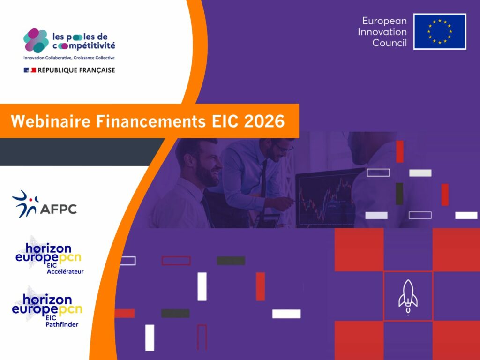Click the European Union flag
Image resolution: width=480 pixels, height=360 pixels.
click(440, 31)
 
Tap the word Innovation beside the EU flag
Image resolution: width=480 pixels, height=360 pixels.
click(382, 32)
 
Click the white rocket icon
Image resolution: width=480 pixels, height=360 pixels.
click(408, 297)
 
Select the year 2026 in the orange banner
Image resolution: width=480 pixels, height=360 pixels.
click(264, 121)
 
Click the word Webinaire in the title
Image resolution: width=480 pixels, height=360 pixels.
click(51, 121)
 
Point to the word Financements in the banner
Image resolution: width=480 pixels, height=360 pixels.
click(151, 121)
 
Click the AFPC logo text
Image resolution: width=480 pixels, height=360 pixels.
click(58, 209)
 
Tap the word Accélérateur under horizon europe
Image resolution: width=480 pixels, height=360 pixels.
click(65, 271)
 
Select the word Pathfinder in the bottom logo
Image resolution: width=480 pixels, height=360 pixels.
click(62, 324)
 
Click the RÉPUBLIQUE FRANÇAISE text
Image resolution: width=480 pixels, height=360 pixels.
click(76, 70)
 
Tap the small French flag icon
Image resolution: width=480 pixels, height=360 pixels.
click(30, 70)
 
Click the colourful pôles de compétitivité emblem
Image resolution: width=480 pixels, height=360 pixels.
click(36, 40)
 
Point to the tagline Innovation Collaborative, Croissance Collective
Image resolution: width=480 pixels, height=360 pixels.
click(69, 58)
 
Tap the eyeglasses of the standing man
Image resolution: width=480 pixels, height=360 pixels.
click(284, 149)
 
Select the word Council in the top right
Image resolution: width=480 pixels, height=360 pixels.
click(390, 43)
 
